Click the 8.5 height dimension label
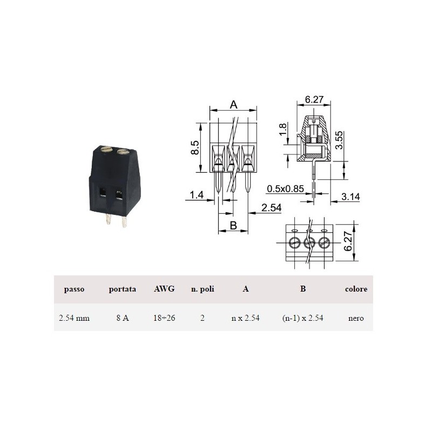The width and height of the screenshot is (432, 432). click(195, 147)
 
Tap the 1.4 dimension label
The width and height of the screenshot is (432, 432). click(197, 195)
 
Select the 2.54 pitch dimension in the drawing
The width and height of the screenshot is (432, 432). click(272, 207)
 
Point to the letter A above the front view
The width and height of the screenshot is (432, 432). click(234, 105)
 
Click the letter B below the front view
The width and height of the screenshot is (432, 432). click(233, 225)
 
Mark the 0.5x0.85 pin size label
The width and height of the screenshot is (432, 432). click(285, 188)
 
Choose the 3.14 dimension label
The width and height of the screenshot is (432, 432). click(350, 197)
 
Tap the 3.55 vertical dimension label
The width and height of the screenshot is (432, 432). click(340, 140)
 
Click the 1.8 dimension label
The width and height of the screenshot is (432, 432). click(282, 129)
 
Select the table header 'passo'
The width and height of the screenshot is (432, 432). click(74, 289)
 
